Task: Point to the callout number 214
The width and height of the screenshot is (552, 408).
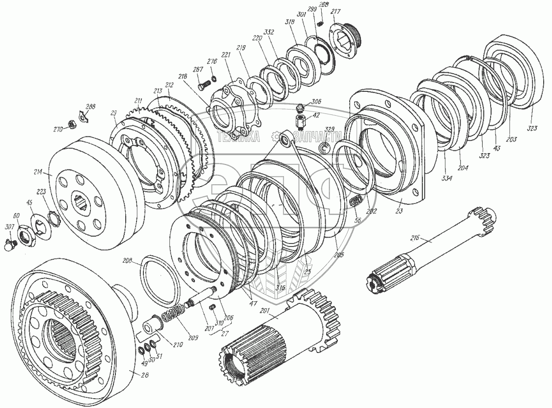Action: point(38,173)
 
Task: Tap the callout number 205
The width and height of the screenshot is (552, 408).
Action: point(338,254)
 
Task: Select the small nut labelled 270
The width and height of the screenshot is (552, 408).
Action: point(71,124)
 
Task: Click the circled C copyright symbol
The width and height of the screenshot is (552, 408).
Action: point(325,149)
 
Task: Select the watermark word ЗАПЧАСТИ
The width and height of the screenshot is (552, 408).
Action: point(317,137)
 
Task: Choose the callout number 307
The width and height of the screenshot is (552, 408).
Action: point(9,227)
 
